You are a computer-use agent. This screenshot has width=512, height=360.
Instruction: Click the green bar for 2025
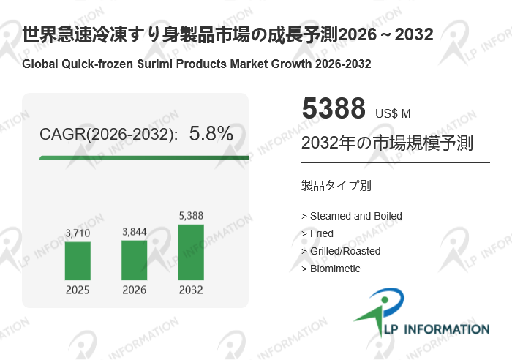78,260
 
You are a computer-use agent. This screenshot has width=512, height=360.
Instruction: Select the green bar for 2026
134,260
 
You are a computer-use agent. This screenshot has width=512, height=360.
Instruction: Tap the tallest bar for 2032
191,252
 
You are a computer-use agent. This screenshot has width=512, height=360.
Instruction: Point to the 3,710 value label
78,233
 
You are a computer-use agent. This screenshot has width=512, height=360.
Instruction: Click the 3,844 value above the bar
134,232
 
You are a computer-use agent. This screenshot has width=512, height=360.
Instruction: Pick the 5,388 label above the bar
191,215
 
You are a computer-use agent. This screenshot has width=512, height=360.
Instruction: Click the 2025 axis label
78,290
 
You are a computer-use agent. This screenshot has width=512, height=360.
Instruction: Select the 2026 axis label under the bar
134,290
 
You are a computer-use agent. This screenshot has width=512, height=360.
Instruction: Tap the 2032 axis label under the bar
191,290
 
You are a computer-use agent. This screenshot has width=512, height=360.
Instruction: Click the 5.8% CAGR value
211,134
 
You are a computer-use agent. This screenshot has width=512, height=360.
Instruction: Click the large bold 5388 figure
333,109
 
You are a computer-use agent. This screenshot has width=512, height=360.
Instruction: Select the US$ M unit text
393,113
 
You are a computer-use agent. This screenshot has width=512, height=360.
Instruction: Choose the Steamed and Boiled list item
352,216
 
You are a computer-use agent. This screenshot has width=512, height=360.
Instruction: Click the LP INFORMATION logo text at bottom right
434,329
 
